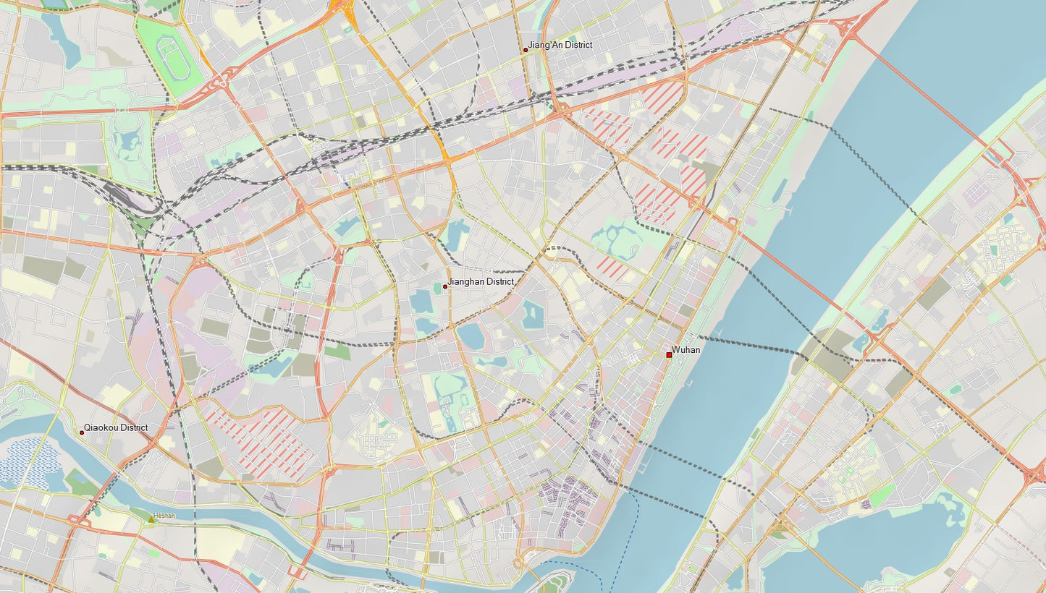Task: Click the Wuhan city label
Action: tap(686, 350)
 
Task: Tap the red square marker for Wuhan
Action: tap(669, 354)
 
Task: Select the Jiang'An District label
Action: tap(560, 45)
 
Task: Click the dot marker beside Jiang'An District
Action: tap(526, 50)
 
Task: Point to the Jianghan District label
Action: tap(481, 281)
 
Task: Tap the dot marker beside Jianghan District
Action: tap(445, 286)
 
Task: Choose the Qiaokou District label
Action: tap(116, 427)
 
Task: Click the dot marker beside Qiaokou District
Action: tap(82, 432)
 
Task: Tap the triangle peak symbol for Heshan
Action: tap(151, 519)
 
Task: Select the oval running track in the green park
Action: tap(173, 59)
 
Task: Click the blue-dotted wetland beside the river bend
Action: tap(29, 462)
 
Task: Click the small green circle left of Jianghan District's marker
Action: tap(436, 287)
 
